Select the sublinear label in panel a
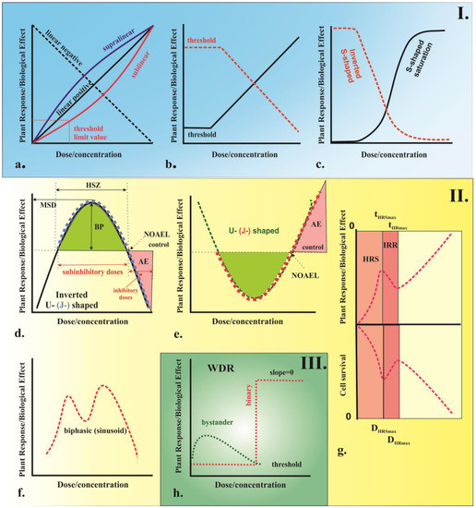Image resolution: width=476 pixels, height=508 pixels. [x=136, y=66]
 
